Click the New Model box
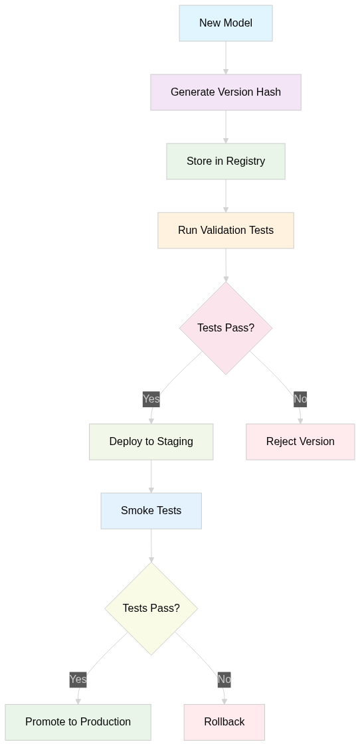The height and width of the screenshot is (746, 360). [x=226, y=23]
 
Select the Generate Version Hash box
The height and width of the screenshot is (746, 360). [x=226, y=92]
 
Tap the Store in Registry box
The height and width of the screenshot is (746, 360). [x=226, y=161]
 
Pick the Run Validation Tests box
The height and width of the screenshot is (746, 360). [x=226, y=231]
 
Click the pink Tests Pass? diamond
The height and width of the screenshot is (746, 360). [x=226, y=328]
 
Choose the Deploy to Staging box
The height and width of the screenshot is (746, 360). [x=151, y=442]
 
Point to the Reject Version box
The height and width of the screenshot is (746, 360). [x=301, y=442]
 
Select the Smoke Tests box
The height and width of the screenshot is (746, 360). [x=151, y=511]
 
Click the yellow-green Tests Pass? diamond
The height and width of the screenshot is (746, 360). [x=151, y=608]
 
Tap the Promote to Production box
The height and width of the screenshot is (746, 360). [x=78, y=722]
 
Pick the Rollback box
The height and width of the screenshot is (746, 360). [x=225, y=722]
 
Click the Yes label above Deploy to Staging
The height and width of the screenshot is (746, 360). [x=151, y=399]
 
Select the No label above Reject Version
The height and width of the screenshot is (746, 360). [x=301, y=399]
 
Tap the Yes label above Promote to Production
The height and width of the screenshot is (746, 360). [x=78, y=680]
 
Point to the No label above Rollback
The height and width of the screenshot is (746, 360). [x=225, y=680]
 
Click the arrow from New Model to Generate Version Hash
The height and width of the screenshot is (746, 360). [x=226, y=58]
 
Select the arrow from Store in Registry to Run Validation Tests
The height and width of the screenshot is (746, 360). [x=226, y=196]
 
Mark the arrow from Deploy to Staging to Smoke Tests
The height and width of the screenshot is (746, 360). [x=151, y=477]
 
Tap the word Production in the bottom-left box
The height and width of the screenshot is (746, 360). [x=107, y=722]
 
